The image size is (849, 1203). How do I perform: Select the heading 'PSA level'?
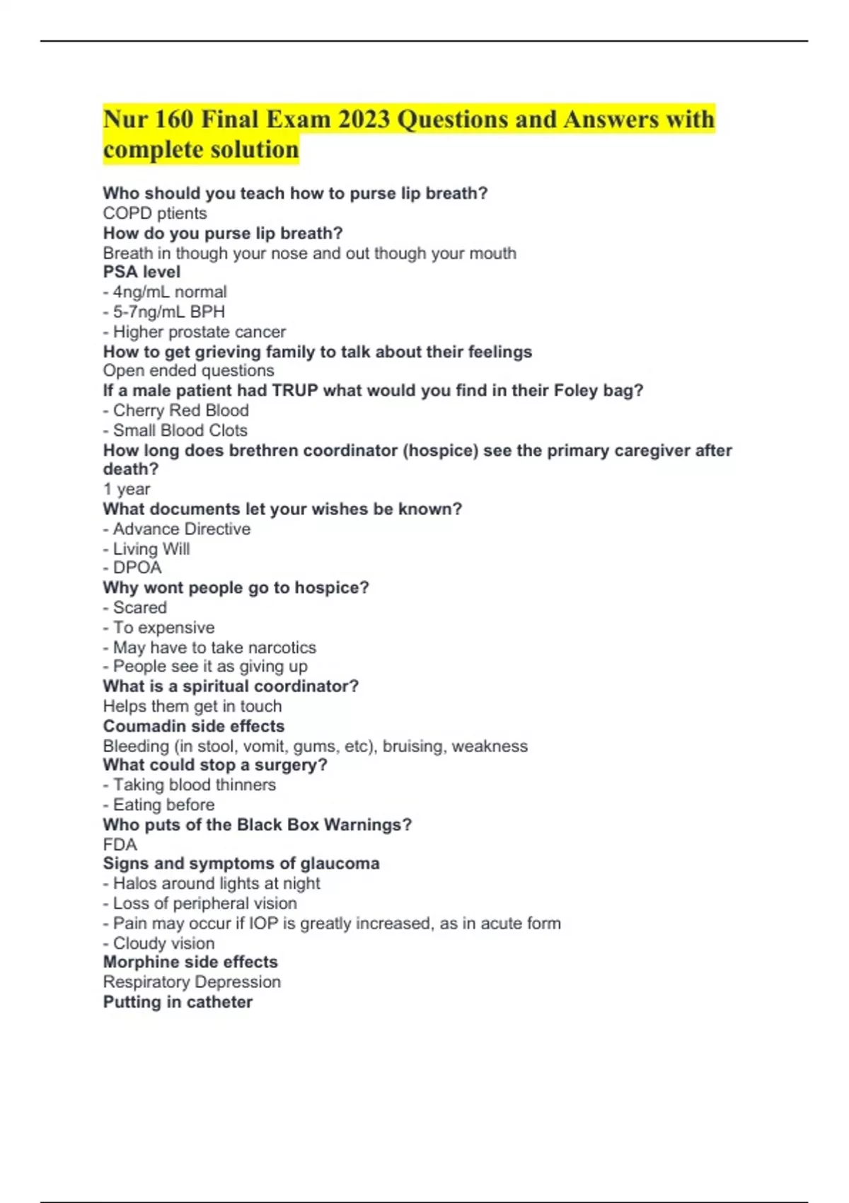click(141, 272)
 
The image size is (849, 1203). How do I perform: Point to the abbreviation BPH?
click(207, 312)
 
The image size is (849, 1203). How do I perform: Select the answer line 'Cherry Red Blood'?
click(180, 410)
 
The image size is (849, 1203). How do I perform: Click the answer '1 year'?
click(127, 489)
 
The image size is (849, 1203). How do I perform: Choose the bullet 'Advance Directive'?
click(181, 529)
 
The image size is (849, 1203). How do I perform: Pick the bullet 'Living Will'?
click(151, 549)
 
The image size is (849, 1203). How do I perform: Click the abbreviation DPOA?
click(137, 568)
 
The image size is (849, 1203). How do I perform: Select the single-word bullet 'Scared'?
click(140, 608)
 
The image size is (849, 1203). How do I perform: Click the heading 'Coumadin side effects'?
click(194, 726)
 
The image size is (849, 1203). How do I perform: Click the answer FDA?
click(120, 845)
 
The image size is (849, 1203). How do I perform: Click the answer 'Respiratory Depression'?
click(192, 982)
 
